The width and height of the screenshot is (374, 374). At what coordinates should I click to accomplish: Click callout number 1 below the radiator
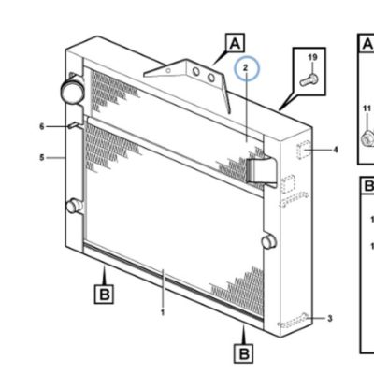pos(163,312)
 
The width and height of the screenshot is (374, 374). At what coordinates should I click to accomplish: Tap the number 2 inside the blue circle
pos(246,67)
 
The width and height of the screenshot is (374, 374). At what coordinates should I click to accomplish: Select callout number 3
pos(330,319)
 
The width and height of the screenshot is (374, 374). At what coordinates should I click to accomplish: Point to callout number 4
pos(336,150)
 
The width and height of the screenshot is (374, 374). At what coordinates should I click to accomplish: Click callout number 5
pos(42,158)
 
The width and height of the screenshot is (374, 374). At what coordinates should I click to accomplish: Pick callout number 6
pos(42,126)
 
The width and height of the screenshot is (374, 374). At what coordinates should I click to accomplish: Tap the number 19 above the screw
pos(312,57)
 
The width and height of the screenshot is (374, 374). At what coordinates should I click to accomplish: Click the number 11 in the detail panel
pos(367,108)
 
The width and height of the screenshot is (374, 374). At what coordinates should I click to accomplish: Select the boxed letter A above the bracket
pos(235,43)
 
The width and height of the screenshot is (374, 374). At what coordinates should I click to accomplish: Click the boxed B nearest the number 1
pos(104,294)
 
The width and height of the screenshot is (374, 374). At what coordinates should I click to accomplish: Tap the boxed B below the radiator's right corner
pos(243,353)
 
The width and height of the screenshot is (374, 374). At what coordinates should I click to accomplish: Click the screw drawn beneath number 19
pos(309,79)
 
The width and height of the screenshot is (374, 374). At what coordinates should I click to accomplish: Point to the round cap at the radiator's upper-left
pos(72,91)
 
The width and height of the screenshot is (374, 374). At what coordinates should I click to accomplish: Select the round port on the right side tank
pos(269,241)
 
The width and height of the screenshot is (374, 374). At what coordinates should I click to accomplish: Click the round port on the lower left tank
pos(74,206)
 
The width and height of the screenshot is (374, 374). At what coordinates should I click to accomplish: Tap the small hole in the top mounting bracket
pos(168,71)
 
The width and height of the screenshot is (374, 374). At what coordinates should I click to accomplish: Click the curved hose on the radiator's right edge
pos(261,171)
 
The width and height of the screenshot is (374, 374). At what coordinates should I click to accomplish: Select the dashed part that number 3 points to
pos(293,321)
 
